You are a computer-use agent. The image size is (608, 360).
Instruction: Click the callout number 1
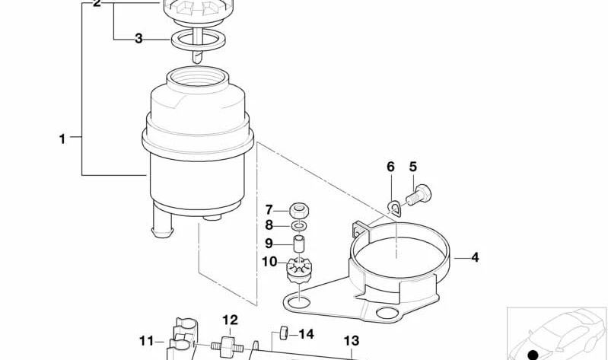[62, 139]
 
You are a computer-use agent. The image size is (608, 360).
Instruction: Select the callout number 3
[138, 38]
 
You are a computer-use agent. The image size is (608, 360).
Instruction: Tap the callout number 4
[475, 257]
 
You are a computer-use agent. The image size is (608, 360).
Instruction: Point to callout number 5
[413, 167]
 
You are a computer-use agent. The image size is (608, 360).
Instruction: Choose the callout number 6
[390, 167]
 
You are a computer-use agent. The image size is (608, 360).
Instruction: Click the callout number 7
[269, 209]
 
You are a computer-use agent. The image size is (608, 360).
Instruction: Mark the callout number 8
[269, 225]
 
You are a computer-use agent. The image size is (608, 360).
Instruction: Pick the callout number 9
[269, 244]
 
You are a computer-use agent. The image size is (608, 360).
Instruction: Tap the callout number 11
[146, 340]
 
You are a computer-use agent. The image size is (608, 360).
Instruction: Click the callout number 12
[230, 320]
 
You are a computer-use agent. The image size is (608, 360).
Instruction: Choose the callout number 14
[305, 333]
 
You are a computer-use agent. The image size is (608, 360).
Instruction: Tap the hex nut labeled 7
[300, 210]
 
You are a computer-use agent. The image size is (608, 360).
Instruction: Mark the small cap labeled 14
[280, 332]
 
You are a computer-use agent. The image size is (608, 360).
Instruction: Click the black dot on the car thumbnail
[533, 354]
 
